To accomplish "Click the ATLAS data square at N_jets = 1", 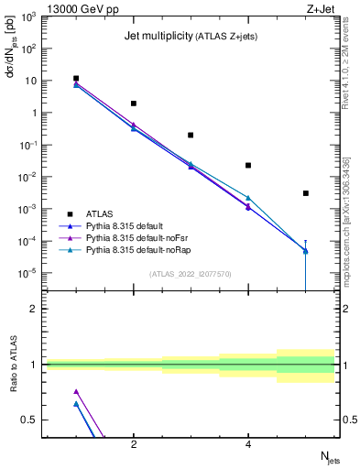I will coord(76,79).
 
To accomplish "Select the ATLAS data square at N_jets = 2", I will coord(134,104).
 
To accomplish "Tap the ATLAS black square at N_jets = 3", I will coord(191,135).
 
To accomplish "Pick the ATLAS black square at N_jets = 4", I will coord(248,165).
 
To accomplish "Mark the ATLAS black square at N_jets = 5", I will coord(306,193).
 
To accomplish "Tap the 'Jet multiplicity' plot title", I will coord(158,36).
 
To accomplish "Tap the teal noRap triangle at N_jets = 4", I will coord(248,198).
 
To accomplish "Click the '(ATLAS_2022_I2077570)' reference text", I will coord(191,273).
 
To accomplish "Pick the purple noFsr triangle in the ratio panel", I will coord(76,391).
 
